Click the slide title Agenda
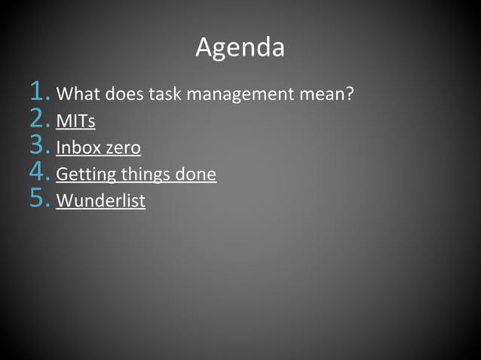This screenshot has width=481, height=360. pyautogui.click(x=240, y=47)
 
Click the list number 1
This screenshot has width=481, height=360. pyautogui.click(x=40, y=93)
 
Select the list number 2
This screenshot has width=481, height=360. pyautogui.click(x=40, y=120)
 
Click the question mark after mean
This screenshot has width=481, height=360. pyautogui.click(x=350, y=95)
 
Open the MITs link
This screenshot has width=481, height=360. pyautogui.click(x=75, y=121)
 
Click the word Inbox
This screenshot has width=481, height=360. pyautogui.click(x=78, y=148)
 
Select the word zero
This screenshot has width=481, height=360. pyautogui.click(x=123, y=148)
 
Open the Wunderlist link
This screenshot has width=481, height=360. pyautogui.click(x=100, y=201)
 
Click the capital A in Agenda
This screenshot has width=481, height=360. pyautogui.click(x=204, y=47)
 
